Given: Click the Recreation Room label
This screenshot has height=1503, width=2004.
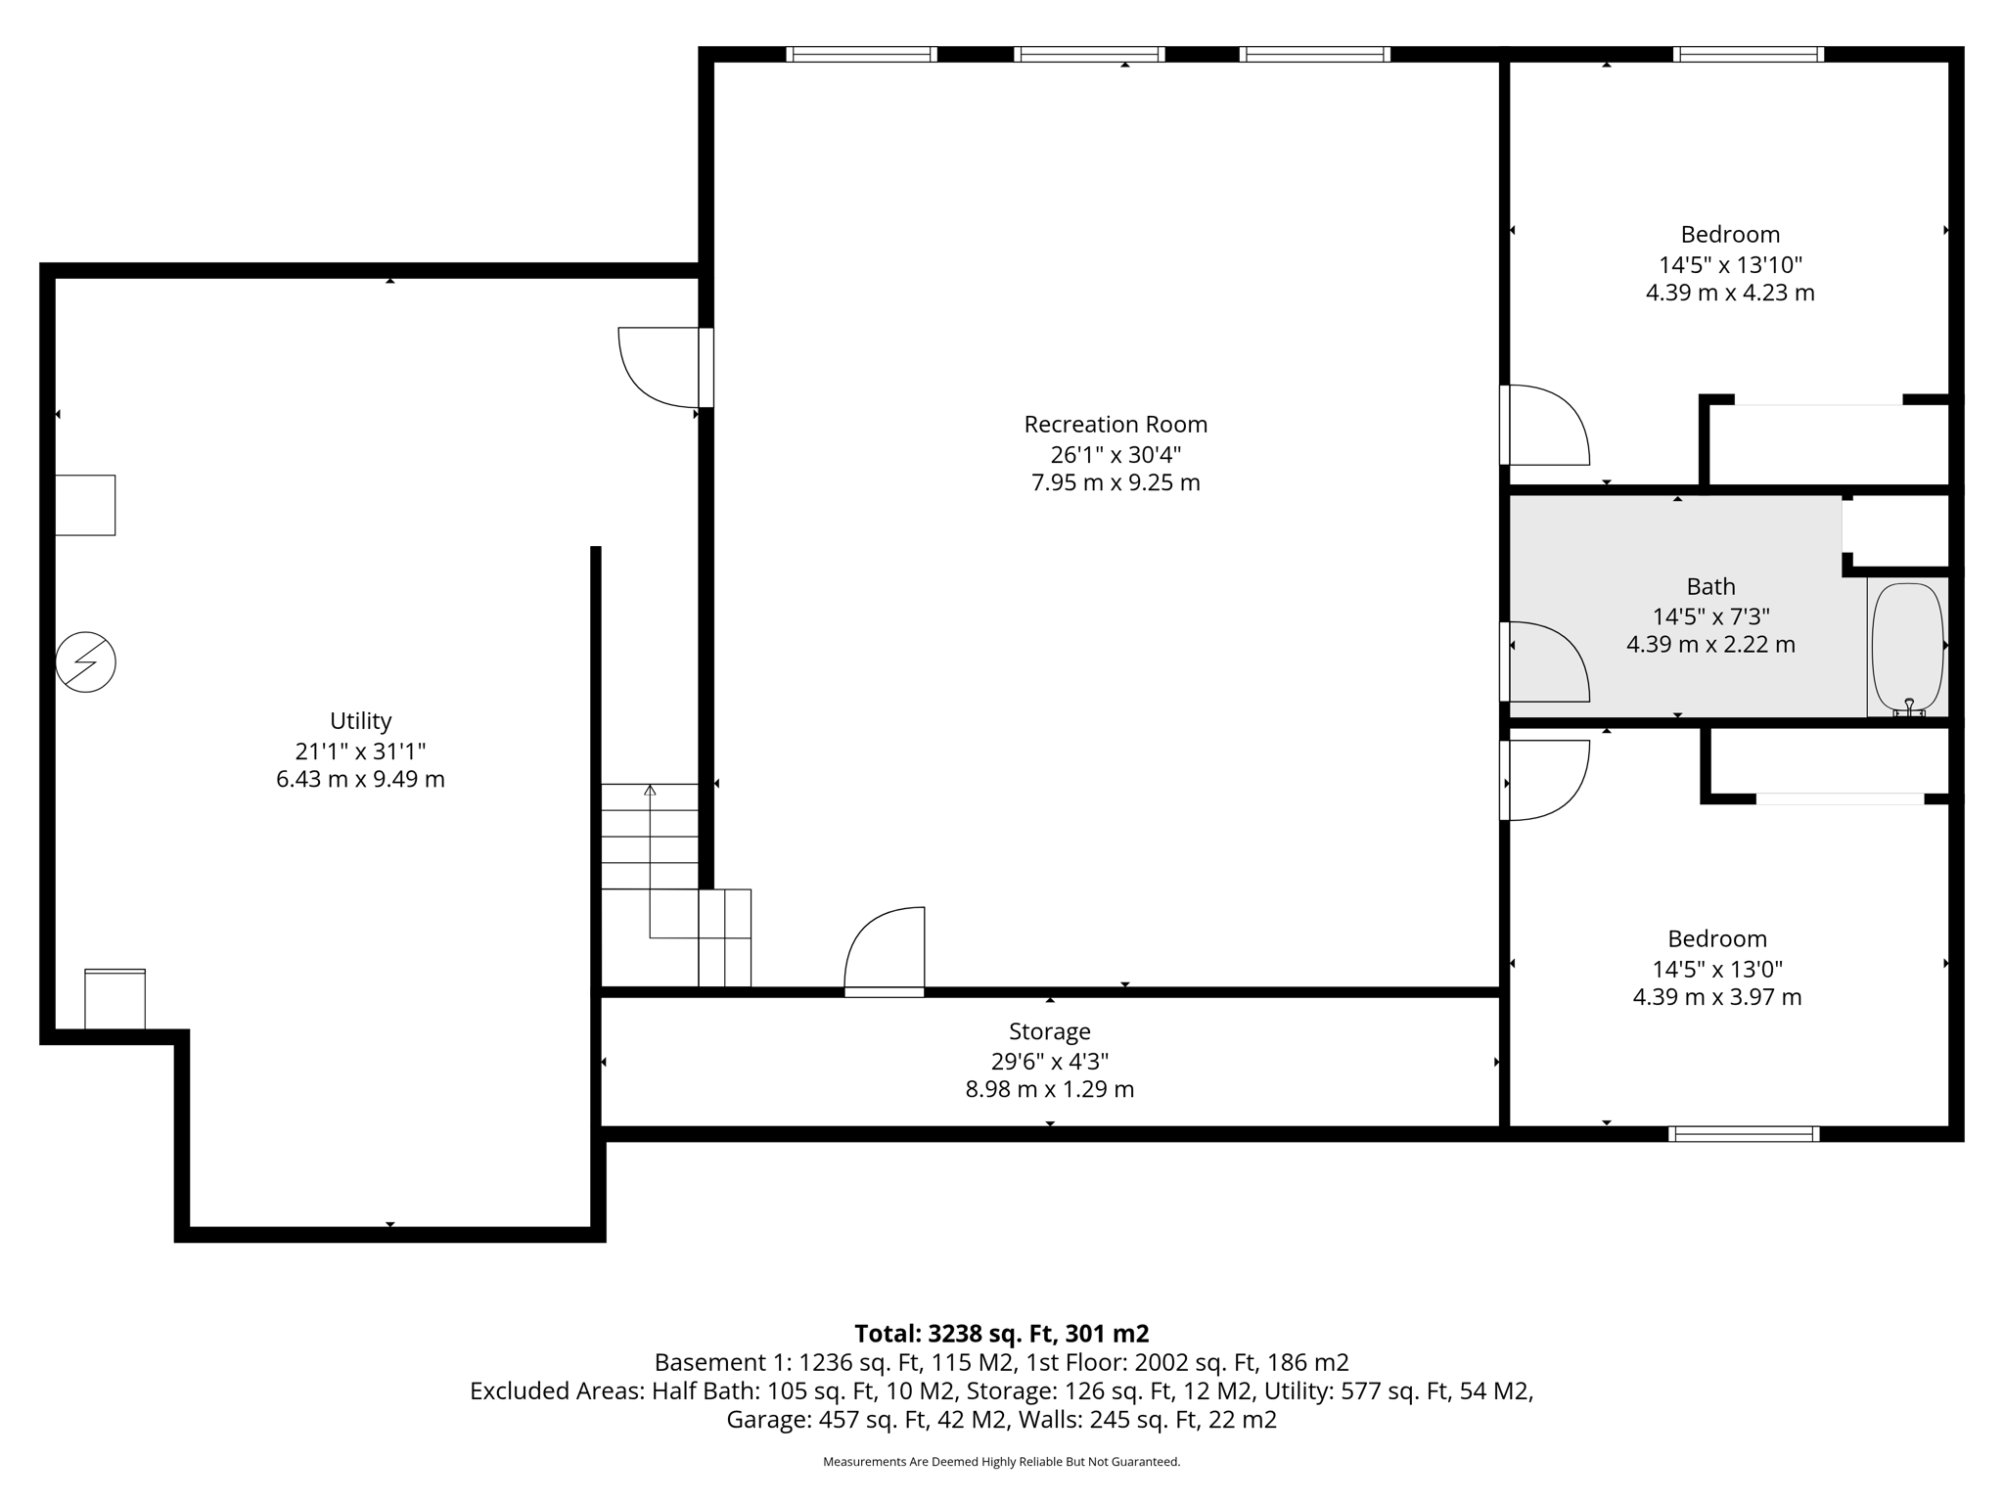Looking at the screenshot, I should [x=1116, y=425].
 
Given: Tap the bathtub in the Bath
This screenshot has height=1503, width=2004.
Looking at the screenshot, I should [x=1907, y=647].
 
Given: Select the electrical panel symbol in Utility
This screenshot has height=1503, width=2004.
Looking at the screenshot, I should [x=86, y=662].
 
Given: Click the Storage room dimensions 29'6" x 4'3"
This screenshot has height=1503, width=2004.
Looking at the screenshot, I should [x=1049, y=1061].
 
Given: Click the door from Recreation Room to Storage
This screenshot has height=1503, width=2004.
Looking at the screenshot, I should [x=886, y=949].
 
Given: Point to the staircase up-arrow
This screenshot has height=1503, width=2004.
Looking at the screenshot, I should [x=650, y=791].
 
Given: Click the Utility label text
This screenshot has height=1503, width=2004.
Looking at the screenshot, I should [x=360, y=721].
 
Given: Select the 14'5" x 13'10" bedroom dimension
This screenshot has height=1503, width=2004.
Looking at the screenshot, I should [x=1730, y=264].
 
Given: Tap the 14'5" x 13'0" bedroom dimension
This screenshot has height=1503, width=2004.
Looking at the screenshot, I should [x=1717, y=969].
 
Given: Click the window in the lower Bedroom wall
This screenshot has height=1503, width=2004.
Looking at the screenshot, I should [x=1744, y=1134].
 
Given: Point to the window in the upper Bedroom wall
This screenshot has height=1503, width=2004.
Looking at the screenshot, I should [x=1748, y=55].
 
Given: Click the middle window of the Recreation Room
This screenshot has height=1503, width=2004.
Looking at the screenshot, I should [x=1089, y=55].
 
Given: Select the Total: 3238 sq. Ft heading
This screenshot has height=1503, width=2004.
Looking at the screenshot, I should [x=1001, y=1334].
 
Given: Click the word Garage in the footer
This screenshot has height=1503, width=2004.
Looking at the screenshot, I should [x=766, y=1420].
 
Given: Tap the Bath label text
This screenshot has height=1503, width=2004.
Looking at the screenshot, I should [x=1710, y=587].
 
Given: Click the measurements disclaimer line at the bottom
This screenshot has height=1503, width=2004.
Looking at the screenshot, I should [x=1001, y=1462].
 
